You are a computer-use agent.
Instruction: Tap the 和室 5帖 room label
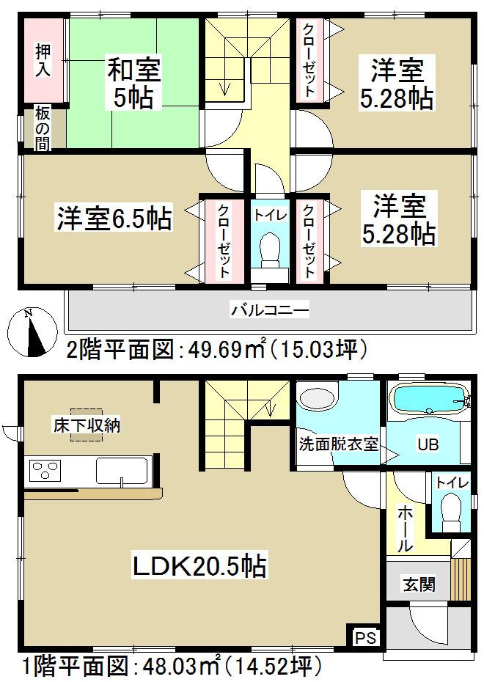(134, 84)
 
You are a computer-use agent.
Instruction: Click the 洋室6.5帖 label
(114, 219)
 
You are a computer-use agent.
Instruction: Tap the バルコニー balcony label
(270, 310)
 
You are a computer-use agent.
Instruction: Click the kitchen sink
(122, 470)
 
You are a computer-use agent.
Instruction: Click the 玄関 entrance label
(419, 584)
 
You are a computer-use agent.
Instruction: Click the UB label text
(427, 444)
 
